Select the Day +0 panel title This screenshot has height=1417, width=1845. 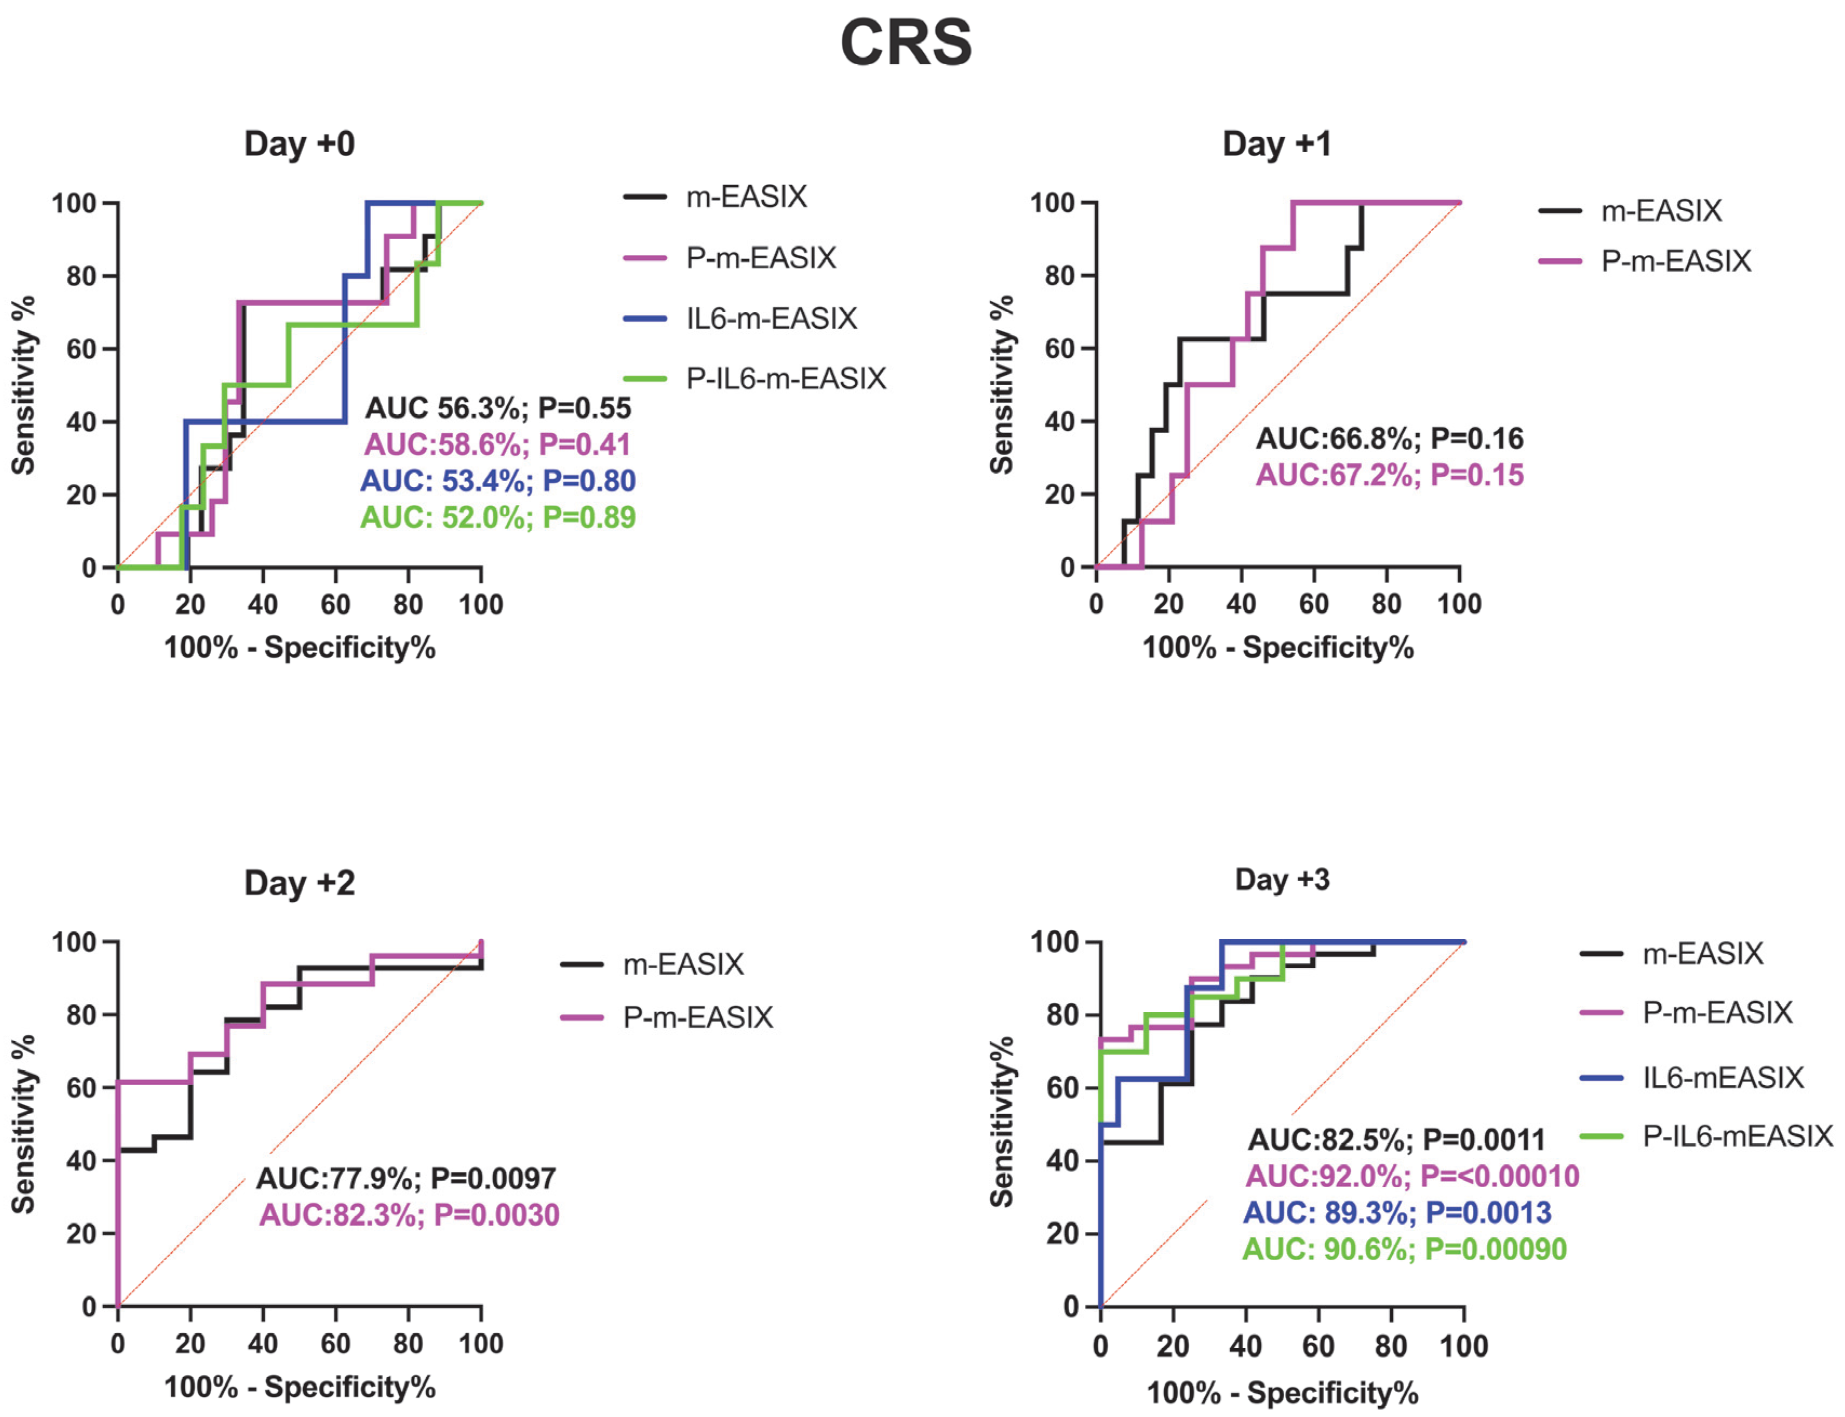click(x=299, y=144)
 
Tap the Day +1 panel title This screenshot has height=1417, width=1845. click(x=1277, y=144)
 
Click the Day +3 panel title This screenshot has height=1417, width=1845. click(x=1282, y=880)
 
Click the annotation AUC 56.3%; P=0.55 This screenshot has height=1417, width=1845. click(x=498, y=408)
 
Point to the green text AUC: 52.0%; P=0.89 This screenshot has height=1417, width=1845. click(x=498, y=517)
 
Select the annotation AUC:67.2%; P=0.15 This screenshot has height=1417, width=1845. click(x=1390, y=475)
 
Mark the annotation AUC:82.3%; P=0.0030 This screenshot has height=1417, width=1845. click(x=409, y=1214)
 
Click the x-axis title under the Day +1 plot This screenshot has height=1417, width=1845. click(x=1277, y=648)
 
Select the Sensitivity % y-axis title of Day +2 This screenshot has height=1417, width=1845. click(x=24, y=1124)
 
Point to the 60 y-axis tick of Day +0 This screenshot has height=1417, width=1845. click(x=82, y=348)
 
